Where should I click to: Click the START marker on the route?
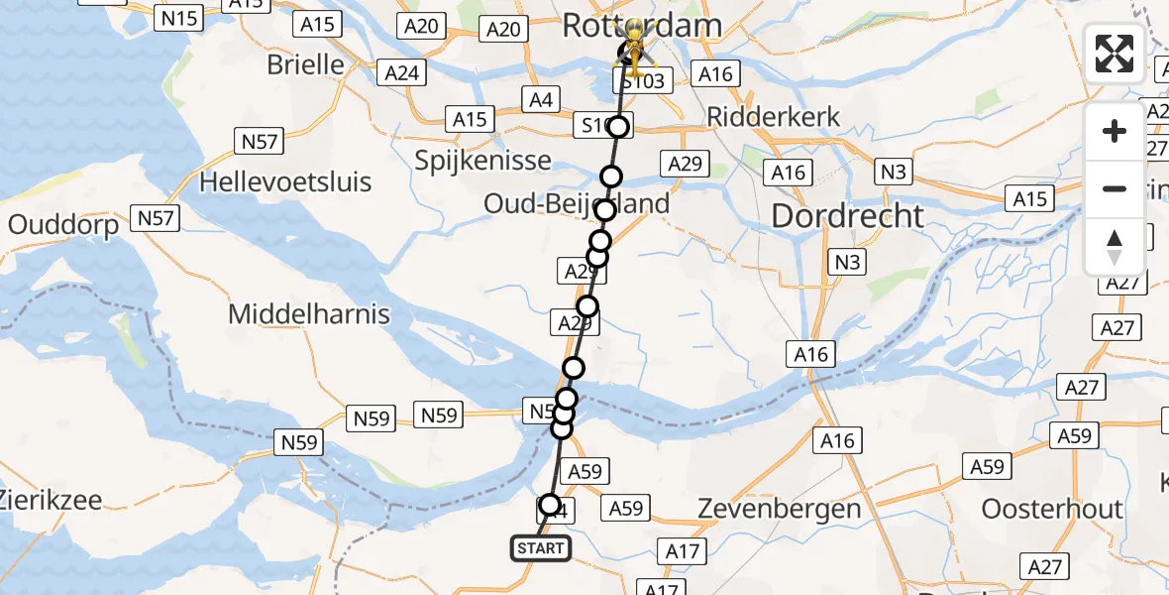point(541,548)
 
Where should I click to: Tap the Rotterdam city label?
point(642,26)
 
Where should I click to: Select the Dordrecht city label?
point(847,216)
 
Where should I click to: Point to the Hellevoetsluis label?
point(285,182)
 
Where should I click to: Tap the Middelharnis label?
point(309,315)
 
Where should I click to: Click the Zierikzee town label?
point(51,500)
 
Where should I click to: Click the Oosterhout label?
point(1052,510)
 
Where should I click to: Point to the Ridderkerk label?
point(774,117)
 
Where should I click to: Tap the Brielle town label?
point(306,65)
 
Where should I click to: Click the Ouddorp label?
point(63,225)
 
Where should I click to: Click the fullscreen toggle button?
point(1115,54)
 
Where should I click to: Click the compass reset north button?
point(1115,246)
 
